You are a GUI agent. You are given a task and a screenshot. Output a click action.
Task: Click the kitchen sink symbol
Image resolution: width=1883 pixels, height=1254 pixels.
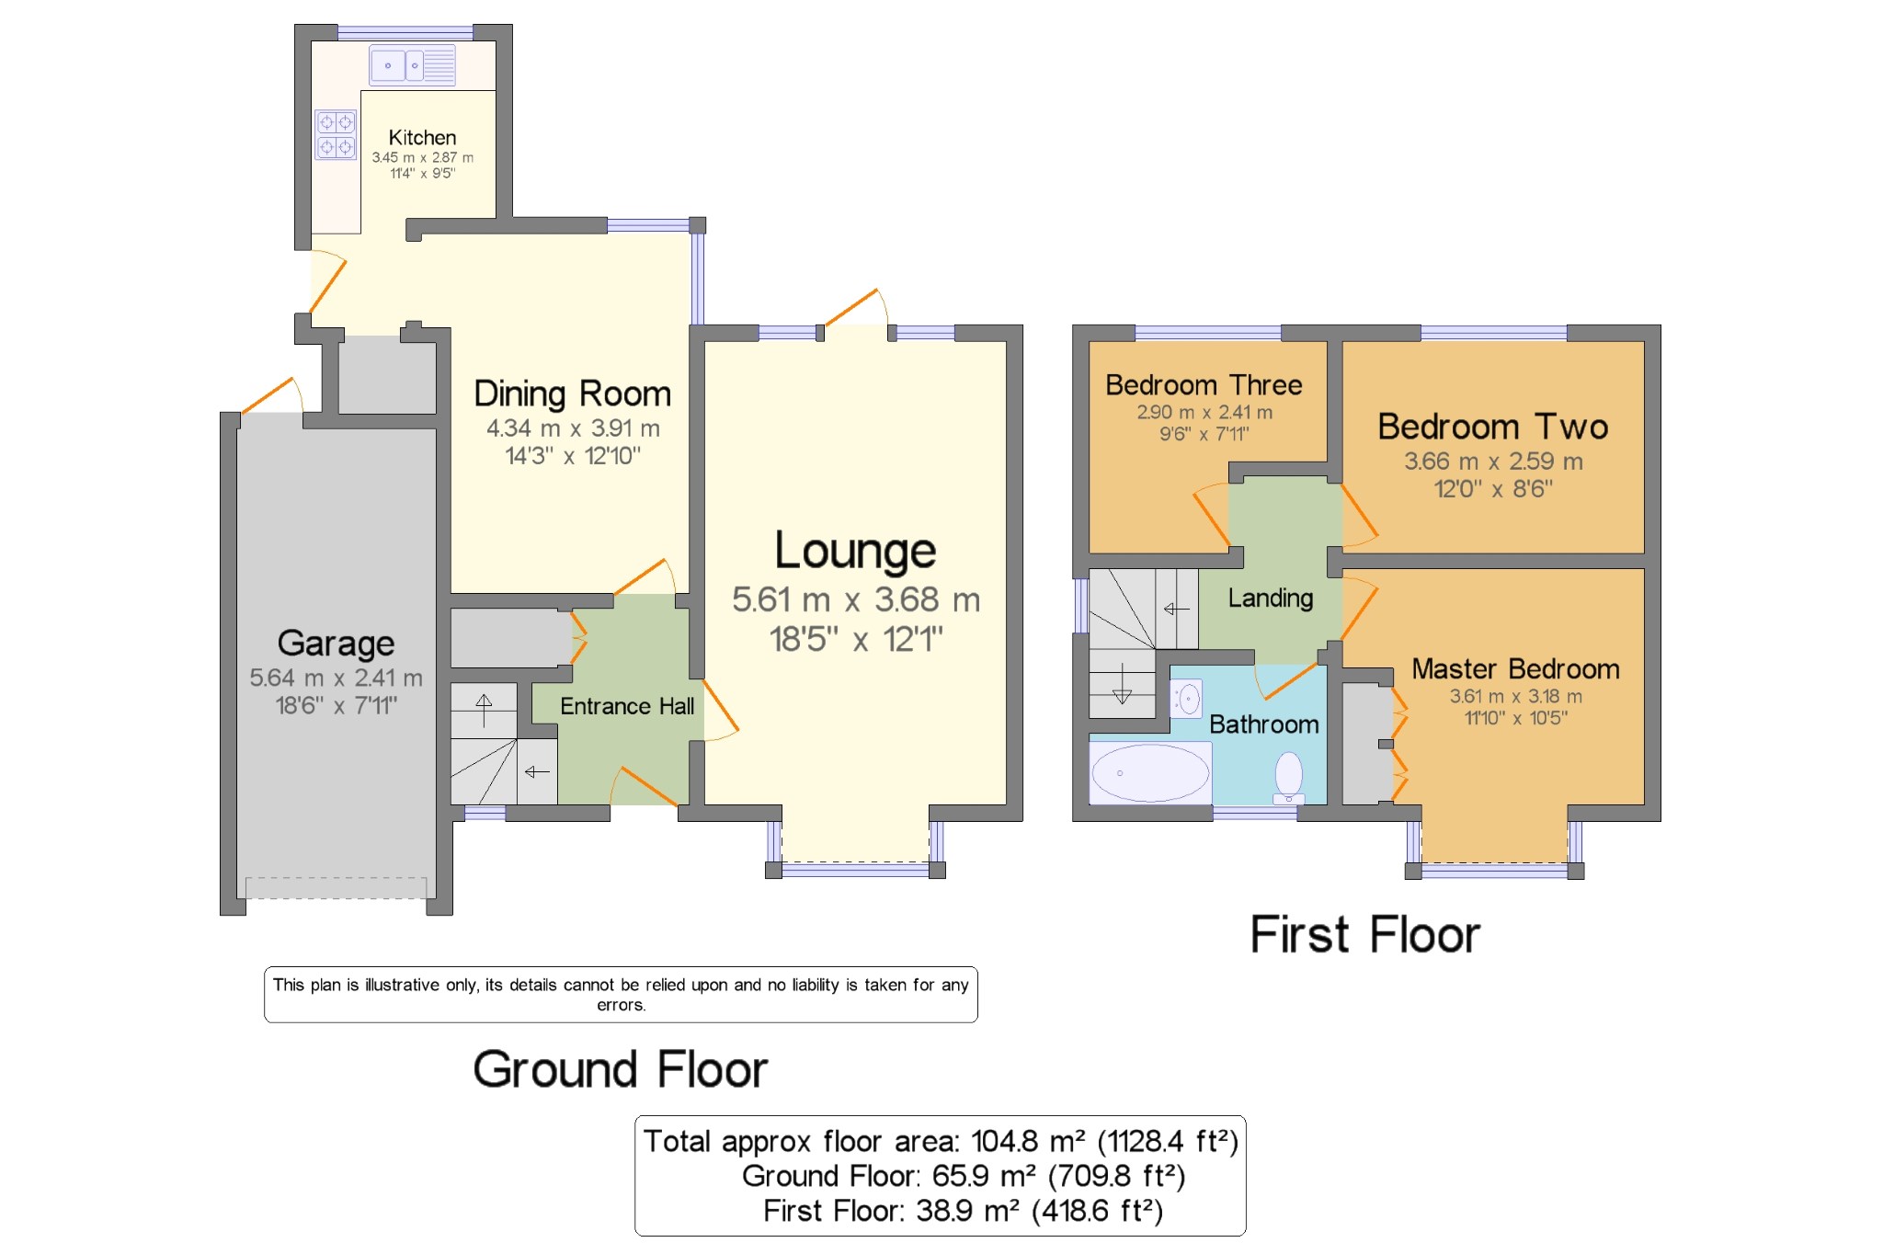point(413,65)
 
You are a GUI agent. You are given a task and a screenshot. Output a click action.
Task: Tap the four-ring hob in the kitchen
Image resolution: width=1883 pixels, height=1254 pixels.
point(336,134)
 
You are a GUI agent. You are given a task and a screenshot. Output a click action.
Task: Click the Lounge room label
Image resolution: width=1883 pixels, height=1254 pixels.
point(855,551)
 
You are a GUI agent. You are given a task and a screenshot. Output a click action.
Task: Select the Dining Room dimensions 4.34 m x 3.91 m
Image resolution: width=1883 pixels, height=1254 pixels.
point(573,428)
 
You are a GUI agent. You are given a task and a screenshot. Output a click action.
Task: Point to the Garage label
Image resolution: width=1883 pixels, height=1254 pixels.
point(336,644)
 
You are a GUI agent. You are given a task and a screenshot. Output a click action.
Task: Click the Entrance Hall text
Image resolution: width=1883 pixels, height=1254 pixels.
point(627,706)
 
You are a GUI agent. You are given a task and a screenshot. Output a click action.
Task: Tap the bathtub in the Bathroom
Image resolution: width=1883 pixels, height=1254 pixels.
point(1149,773)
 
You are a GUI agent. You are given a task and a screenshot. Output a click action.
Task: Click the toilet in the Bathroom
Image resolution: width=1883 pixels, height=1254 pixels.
point(1289,774)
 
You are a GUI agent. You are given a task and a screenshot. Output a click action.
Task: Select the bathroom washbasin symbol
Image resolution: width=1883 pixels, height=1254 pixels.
point(1187,699)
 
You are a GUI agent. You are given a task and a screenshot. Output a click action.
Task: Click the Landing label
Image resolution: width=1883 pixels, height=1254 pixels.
point(1271,598)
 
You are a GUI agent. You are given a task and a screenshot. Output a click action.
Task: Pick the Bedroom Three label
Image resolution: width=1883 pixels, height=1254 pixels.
point(1204,385)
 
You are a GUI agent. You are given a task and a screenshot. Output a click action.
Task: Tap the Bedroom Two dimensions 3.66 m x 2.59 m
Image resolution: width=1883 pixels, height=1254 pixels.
point(1493,462)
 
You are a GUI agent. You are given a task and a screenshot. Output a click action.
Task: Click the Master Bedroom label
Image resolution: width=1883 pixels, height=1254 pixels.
point(1515,669)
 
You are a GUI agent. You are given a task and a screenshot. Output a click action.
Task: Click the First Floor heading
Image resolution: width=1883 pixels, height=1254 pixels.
point(1364,935)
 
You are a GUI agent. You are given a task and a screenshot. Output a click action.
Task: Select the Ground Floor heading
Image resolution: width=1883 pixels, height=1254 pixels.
point(620,1070)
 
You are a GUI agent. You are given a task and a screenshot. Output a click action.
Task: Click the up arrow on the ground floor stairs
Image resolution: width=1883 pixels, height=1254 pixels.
point(484,709)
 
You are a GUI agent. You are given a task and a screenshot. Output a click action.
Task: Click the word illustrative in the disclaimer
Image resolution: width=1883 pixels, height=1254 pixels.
point(402,986)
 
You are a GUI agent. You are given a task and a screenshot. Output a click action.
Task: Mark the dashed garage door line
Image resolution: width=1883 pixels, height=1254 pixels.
point(336,887)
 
